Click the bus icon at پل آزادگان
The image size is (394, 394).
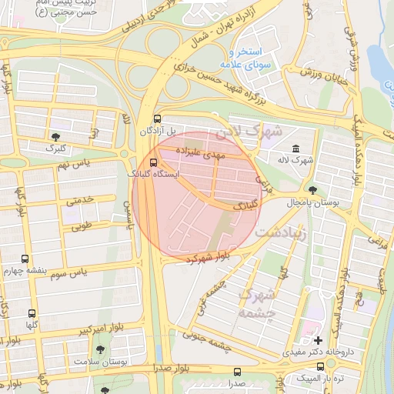click(158, 119)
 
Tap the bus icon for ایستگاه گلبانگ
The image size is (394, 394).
click(153, 162)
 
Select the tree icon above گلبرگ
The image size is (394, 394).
click(55, 135)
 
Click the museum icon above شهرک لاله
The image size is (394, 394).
click(296, 148)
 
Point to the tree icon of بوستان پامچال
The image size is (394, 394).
click(312, 189)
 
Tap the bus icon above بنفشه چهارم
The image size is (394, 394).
click(25, 259)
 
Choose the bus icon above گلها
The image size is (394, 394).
click(32, 313)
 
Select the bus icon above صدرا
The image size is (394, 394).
click(236, 372)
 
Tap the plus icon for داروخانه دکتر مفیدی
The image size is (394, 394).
click(318, 339)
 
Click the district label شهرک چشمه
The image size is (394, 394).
click(256, 302)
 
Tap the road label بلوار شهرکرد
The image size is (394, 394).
click(208, 257)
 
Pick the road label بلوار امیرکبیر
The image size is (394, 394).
click(83, 331)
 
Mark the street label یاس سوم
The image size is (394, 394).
click(86, 273)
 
